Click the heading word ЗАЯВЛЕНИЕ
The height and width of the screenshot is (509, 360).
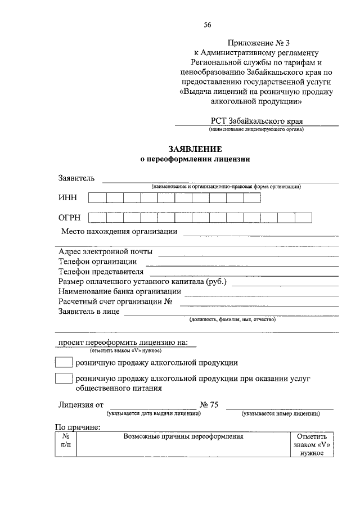[195, 149]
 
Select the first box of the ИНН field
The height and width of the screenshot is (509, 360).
[97, 197]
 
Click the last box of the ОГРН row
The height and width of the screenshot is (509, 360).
[303, 218]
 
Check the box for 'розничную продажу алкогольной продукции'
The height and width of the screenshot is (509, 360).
[64, 362]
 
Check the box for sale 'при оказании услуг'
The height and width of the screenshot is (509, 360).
[64, 379]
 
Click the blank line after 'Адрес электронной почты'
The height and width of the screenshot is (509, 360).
[248, 252]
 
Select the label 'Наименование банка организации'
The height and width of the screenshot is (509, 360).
[119, 291]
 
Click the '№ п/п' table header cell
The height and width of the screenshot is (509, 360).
[65, 440]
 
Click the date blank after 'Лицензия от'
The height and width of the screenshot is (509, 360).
[153, 405]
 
